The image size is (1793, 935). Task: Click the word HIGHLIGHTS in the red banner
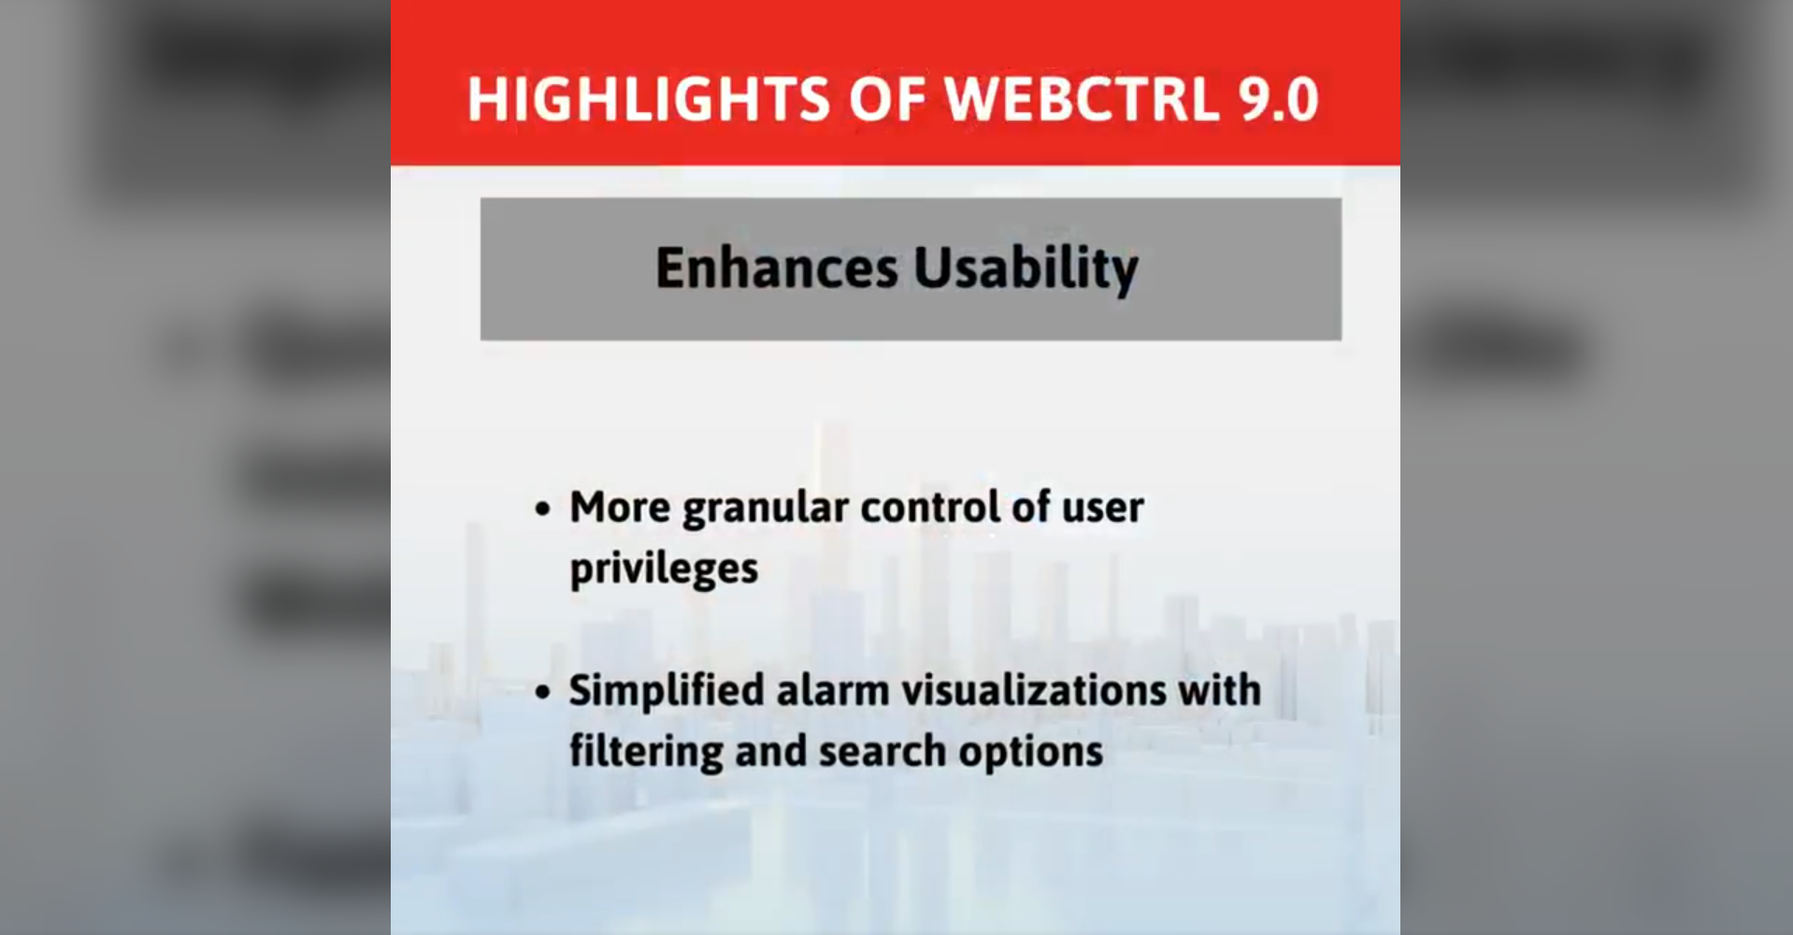pyautogui.click(x=649, y=99)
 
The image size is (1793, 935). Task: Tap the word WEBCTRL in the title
pyautogui.click(x=1083, y=99)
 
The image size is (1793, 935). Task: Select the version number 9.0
pyautogui.click(x=1279, y=99)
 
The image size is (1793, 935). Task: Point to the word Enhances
pyautogui.click(x=777, y=268)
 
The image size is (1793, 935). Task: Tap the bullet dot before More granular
pyautogui.click(x=543, y=511)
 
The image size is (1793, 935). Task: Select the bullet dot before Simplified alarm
pyautogui.click(x=543, y=694)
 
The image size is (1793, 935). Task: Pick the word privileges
pyautogui.click(x=664, y=568)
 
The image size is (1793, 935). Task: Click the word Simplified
pyautogui.click(x=667, y=691)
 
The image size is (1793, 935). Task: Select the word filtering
pyautogui.click(x=645, y=752)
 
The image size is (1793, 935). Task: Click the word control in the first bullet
pyautogui.click(x=930, y=507)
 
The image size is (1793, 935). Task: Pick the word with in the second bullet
pyautogui.click(x=1219, y=690)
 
